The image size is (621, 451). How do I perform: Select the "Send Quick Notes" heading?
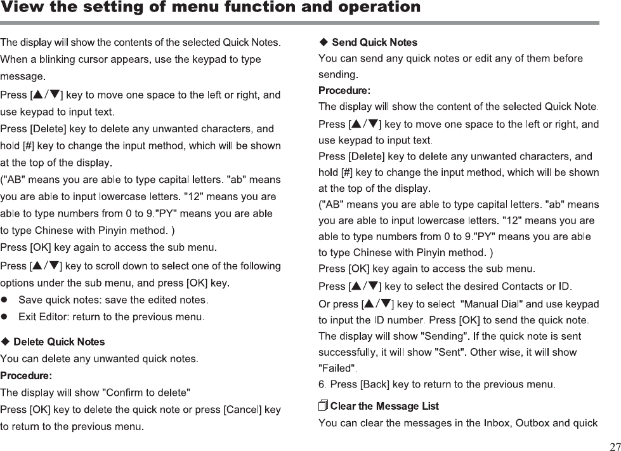(x=374, y=43)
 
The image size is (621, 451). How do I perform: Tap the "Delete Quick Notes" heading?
(x=59, y=342)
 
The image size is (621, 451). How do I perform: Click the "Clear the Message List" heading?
(x=384, y=406)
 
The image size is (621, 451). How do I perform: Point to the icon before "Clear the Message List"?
(x=324, y=405)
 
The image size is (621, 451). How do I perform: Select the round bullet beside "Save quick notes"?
(x=5, y=300)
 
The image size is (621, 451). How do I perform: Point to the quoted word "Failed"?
(x=337, y=368)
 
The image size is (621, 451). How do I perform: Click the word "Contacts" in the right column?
(x=524, y=286)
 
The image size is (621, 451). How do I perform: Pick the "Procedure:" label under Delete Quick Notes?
(x=27, y=375)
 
